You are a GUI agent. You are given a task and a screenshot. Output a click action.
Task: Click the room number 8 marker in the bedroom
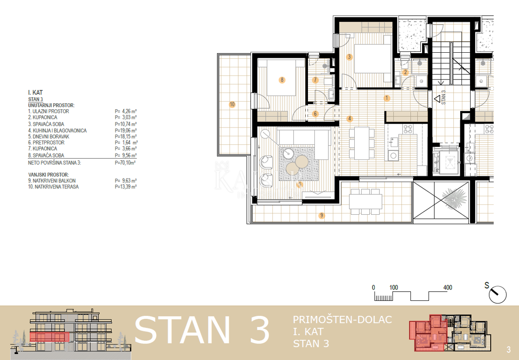tap(282, 80)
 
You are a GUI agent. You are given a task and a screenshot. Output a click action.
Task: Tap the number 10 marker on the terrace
tap(232, 104)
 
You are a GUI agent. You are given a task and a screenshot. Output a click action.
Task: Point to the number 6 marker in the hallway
tap(315, 114)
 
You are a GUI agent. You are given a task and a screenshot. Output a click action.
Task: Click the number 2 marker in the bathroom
tap(405, 73)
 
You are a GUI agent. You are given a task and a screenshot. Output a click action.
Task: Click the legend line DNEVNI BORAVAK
tap(48, 137)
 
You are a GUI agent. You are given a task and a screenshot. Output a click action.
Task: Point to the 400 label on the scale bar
tap(448, 287)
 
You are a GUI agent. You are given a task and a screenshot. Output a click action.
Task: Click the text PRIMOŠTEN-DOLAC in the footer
tap(342, 320)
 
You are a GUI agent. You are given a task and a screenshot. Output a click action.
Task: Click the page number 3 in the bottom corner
tap(508, 349)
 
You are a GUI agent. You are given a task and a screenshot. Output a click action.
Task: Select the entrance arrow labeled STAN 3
tap(438, 99)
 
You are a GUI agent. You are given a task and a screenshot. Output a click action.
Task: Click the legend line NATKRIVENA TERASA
tap(53, 187)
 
